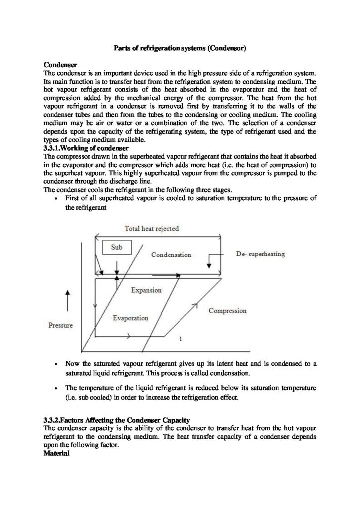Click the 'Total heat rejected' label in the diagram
151,228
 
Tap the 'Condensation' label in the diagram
171,254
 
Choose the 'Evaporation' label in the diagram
130,318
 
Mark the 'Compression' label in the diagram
227,311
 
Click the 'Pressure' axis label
61,326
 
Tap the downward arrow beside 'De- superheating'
209,262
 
